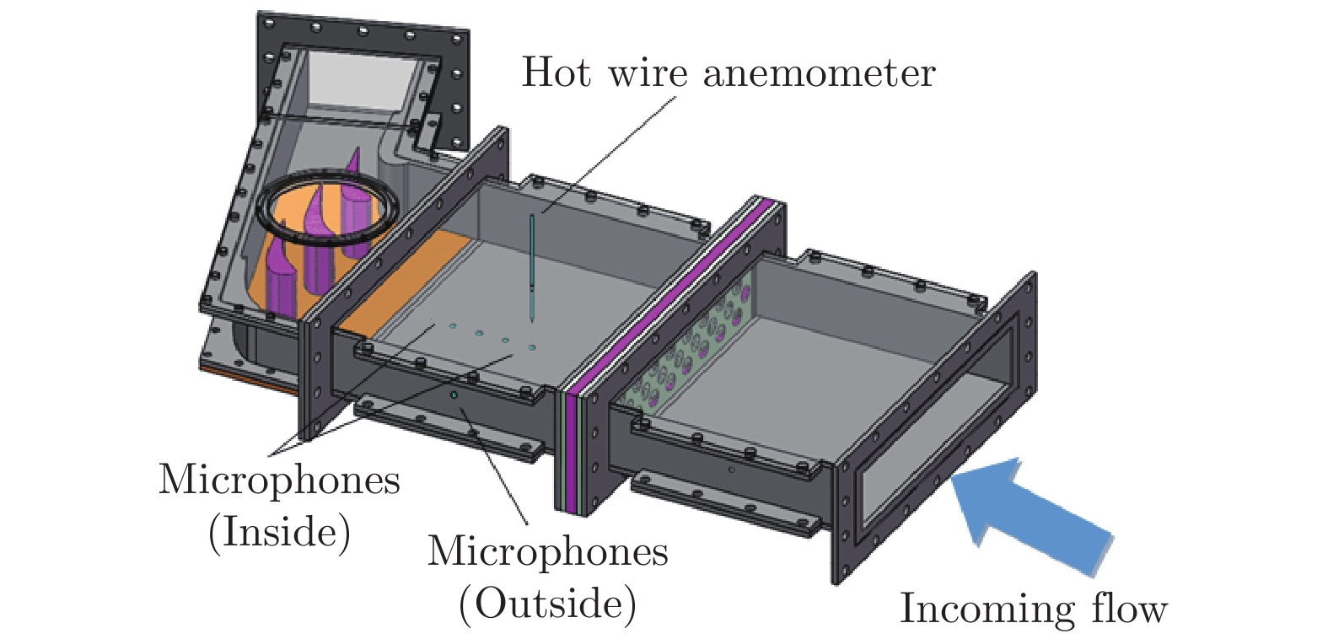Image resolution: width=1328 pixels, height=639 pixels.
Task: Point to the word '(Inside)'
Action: (x=279, y=532)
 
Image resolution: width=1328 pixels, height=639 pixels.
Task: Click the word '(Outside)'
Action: (x=547, y=604)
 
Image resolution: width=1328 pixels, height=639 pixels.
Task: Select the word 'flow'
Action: (x=1129, y=608)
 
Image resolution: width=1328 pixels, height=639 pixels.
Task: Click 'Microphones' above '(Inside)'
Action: (x=279, y=481)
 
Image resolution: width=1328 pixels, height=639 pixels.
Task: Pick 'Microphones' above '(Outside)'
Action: (x=547, y=552)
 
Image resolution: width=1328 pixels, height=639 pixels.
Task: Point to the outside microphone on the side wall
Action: (x=453, y=395)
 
